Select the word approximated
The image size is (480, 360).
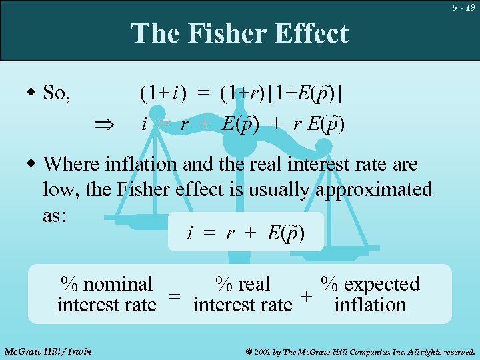tap(373, 189)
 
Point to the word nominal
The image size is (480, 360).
tap(117, 284)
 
